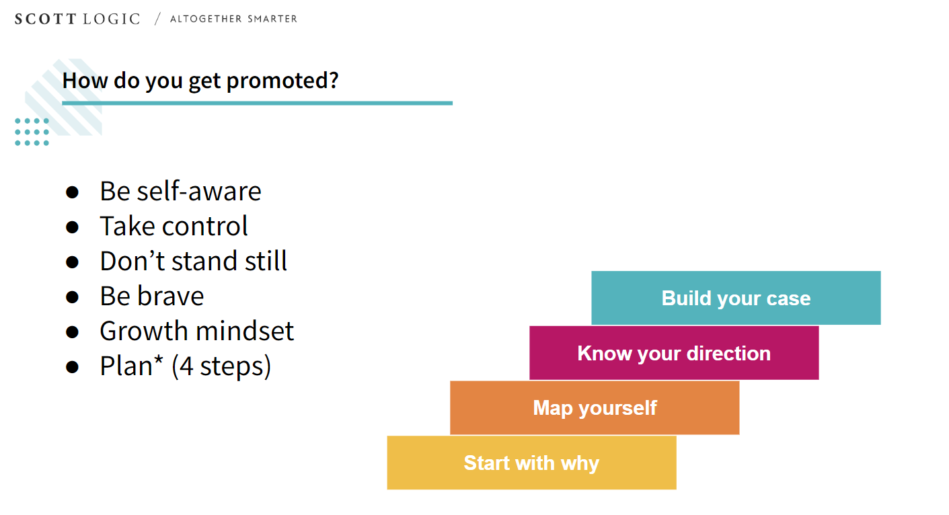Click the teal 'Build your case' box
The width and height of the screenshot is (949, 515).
coord(736,298)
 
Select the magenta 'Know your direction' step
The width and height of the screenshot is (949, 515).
coord(674,353)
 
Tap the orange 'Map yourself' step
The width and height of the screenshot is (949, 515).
coord(595,408)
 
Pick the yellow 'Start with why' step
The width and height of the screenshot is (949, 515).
coord(532,463)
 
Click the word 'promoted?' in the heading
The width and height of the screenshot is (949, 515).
coord(282,81)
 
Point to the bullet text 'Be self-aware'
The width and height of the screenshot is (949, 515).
coord(180,191)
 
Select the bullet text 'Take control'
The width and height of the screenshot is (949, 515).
coord(174,226)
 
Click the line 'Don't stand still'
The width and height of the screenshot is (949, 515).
coord(194,260)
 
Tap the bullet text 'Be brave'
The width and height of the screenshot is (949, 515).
coord(152,296)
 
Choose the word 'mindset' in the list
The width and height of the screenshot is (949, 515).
coord(245,331)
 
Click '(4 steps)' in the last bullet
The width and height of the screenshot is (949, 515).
coord(221,366)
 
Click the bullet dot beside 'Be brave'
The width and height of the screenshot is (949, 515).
coord(73,297)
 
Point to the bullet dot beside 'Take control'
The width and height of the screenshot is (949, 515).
coord(73,227)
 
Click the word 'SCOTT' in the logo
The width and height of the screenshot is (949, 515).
coord(45,19)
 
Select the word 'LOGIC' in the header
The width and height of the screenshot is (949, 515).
coord(112,19)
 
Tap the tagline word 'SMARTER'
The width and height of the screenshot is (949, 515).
coord(272,19)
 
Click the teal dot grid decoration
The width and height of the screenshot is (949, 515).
coord(32,132)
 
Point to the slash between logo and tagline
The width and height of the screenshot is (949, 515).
coord(157,19)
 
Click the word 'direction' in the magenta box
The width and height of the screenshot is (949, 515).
coord(728,353)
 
